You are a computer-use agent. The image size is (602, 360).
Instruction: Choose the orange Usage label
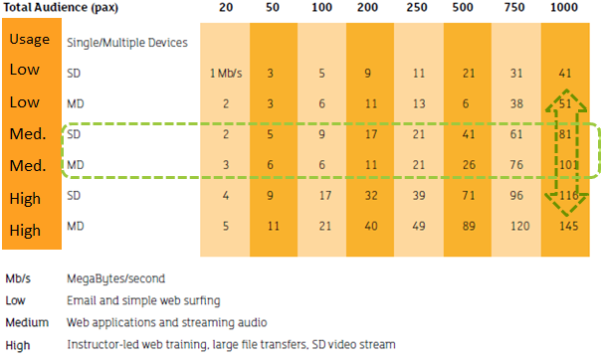click(30, 42)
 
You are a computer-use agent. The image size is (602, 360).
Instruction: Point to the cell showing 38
click(515, 102)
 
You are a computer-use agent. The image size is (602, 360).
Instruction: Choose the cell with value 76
click(515, 164)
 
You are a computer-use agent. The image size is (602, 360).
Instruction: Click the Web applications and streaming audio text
click(163, 323)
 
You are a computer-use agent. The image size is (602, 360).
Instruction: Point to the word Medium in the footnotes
click(26, 323)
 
